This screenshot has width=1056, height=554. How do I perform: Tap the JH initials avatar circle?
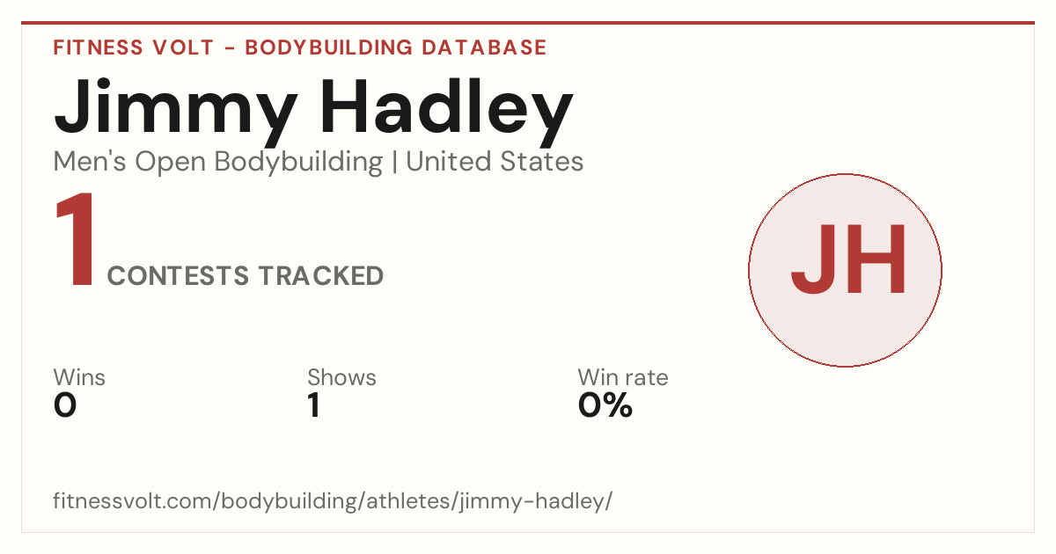(x=846, y=270)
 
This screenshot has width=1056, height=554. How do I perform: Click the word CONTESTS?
(x=178, y=275)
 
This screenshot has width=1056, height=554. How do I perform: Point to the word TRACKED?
(x=321, y=275)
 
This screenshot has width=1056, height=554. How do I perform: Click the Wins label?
(x=79, y=377)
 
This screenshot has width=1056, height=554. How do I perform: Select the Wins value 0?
(x=65, y=405)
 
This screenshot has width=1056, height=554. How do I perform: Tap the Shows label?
(x=341, y=377)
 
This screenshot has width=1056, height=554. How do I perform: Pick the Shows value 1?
(x=314, y=405)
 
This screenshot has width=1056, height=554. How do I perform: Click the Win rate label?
(x=623, y=377)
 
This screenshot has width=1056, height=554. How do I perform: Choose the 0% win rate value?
(x=605, y=405)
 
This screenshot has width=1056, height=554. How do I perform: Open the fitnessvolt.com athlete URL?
(x=333, y=501)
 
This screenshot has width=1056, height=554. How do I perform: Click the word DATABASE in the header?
(x=484, y=47)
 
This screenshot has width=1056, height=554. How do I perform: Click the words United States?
(x=495, y=162)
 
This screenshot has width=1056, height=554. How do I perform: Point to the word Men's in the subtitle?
(x=90, y=162)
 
